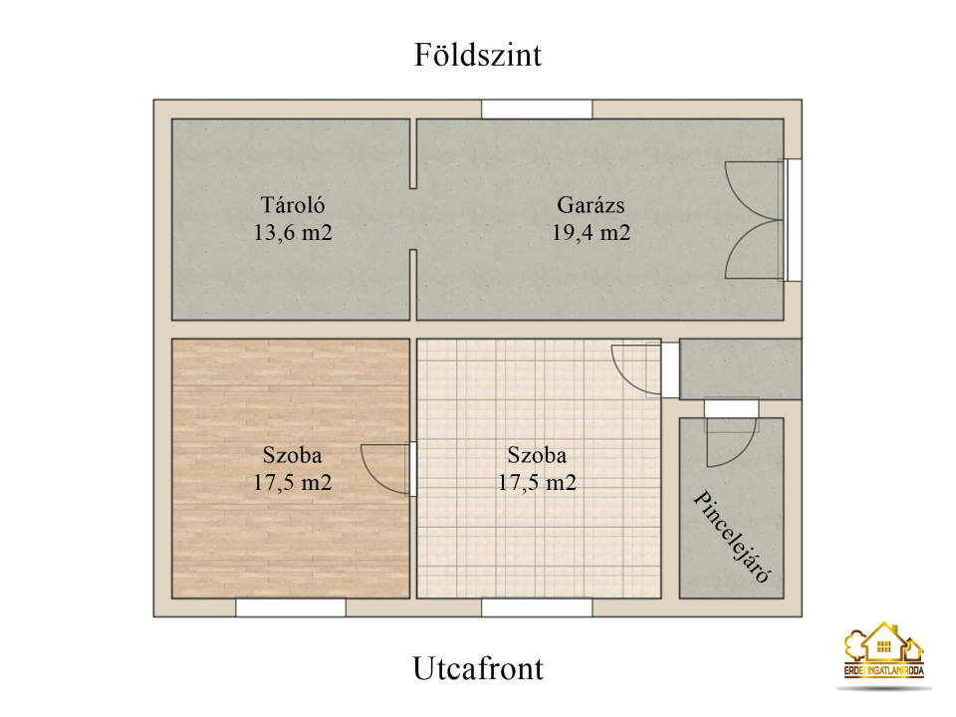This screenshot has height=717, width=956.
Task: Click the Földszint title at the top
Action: pyautogui.click(x=477, y=55)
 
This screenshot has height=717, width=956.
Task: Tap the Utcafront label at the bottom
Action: pyautogui.click(x=478, y=668)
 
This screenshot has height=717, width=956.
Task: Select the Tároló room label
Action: pyautogui.click(x=293, y=205)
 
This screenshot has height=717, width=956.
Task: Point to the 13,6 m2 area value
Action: pyautogui.click(x=293, y=232)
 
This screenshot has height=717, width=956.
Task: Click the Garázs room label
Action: pyautogui.click(x=591, y=205)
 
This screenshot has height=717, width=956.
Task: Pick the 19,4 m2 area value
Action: pyautogui.click(x=591, y=232)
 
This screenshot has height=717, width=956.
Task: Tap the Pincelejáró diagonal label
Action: pyautogui.click(x=733, y=537)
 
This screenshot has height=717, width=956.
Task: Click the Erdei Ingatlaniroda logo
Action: pyautogui.click(x=884, y=652)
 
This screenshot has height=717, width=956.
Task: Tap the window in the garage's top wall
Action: pyautogui.click(x=537, y=110)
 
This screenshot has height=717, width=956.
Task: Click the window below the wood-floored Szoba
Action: pyautogui.click(x=291, y=607)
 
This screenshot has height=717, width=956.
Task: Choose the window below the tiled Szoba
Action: pyautogui.click(x=537, y=607)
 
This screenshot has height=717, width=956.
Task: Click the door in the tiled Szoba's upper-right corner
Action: pyautogui.click(x=645, y=369)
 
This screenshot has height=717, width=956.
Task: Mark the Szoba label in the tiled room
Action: pyautogui.click(x=537, y=455)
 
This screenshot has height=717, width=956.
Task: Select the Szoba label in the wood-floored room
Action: pyautogui.click(x=292, y=455)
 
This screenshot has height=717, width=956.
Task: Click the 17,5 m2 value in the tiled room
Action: pyautogui.click(x=537, y=482)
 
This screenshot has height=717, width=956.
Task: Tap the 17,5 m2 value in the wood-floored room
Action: pyautogui.click(x=292, y=482)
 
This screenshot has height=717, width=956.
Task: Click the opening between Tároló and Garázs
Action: pyautogui.click(x=413, y=219)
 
